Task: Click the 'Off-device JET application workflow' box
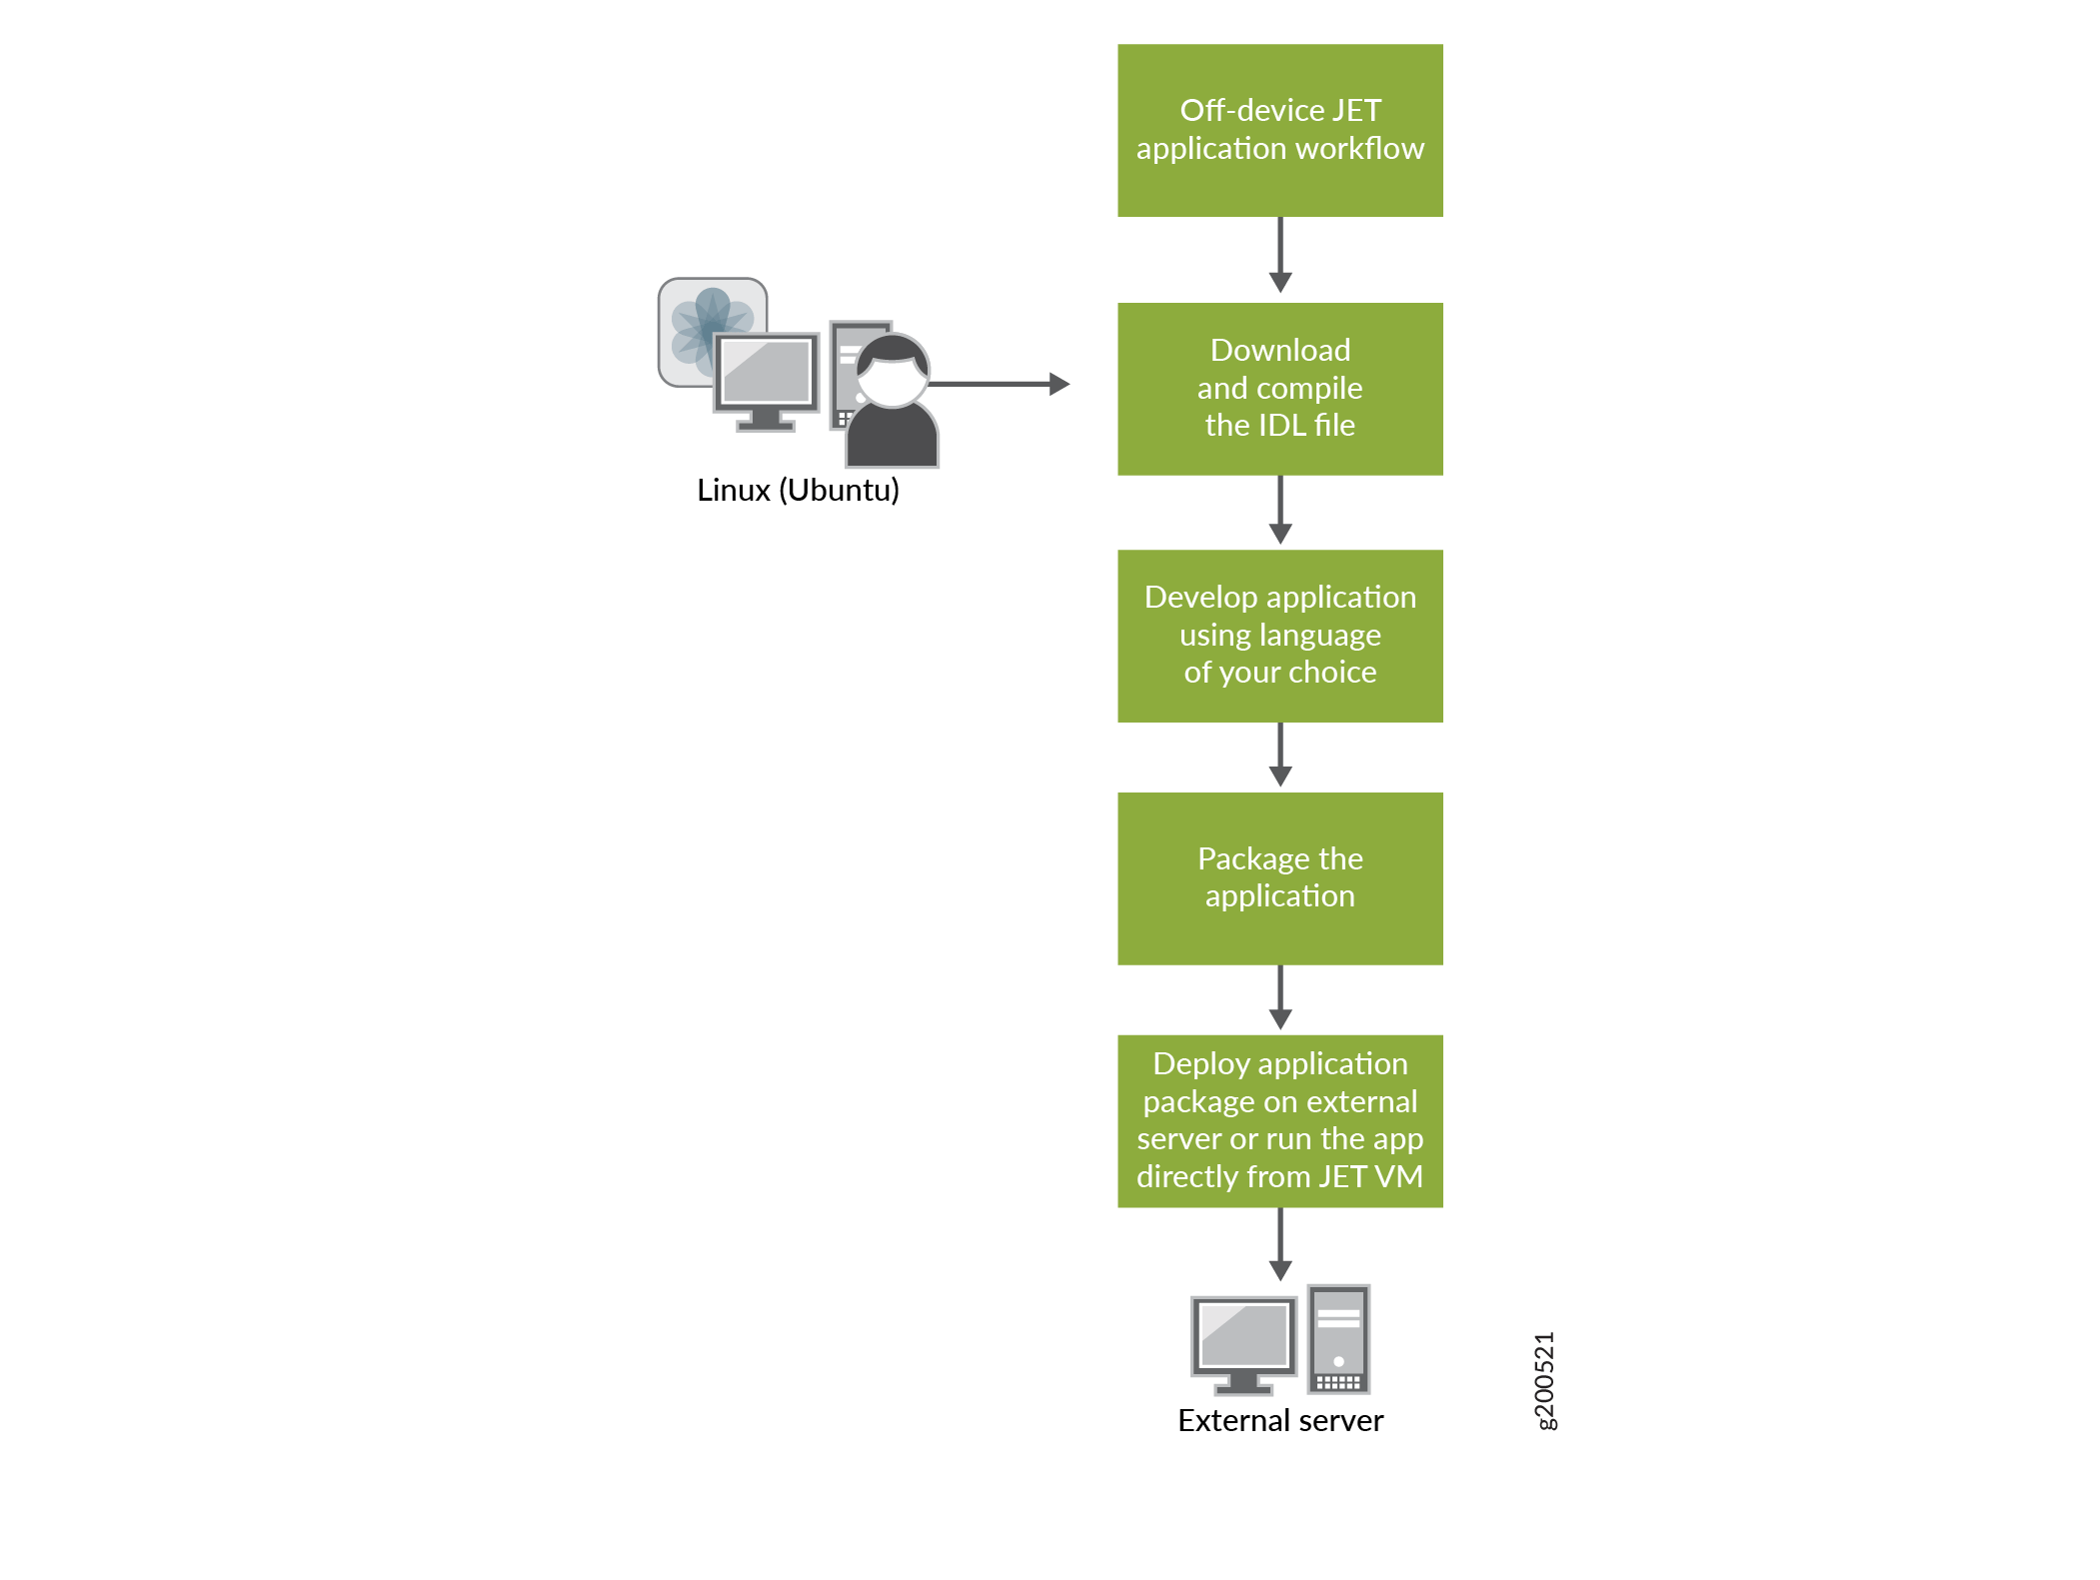pyautogui.click(x=1279, y=130)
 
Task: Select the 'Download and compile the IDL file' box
pyautogui.click(x=1279, y=388)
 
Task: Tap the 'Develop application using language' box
pyautogui.click(x=1279, y=635)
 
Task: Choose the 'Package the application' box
pyautogui.click(x=1279, y=877)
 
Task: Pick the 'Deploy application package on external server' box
pyautogui.click(x=1279, y=1120)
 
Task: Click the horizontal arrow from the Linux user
pyautogui.click(x=1000, y=384)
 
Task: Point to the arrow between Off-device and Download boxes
pyautogui.click(x=1280, y=255)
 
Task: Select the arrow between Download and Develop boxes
pyautogui.click(x=1280, y=510)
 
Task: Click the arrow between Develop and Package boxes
pyautogui.click(x=1280, y=755)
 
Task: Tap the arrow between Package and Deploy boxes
pyautogui.click(x=1280, y=997)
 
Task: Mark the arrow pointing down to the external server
pyautogui.click(x=1280, y=1244)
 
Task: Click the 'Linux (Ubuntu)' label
pyautogui.click(x=798, y=491)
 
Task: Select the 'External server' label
pyautogui.click(x=1280, y=1420)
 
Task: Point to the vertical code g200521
pyautogui.click(x=1544, y=1380)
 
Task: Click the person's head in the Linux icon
pyautogui.click(x=893, y=369)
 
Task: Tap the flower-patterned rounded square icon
pyautogui.click(x=700, y=318)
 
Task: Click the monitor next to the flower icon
pyautogui.click(x=767, y=375)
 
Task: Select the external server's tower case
pyautogui.click(x=1338, y=1339)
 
